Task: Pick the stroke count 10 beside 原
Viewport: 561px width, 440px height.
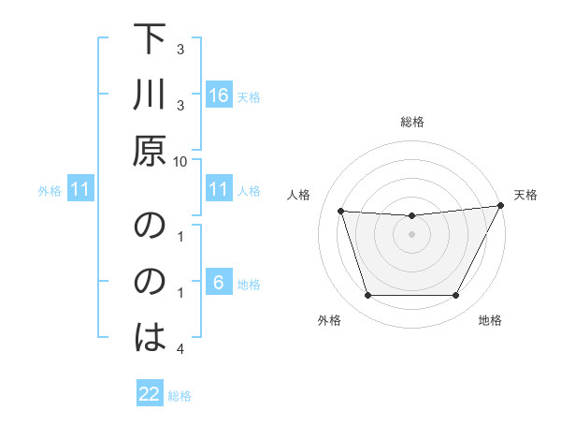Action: click(x=181, y=161)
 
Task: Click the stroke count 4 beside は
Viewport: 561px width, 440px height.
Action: click(x=181, y=349)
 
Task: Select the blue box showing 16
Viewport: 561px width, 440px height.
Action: click(x=219, y=95)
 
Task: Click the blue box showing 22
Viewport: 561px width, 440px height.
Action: click(x=150, y=394)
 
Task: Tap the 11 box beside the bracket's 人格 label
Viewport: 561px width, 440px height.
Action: click(x=219, y=189)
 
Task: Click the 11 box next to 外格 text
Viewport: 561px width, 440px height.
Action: click(x=80, y=190)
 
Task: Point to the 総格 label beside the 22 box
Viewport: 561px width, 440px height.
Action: click(x=180, y=396)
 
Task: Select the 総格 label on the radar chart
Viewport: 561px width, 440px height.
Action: click(x=411, y=122)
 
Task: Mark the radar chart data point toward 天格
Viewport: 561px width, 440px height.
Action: click(x=501, y=206)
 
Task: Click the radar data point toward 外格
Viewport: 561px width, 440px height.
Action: click(x=367, y=296)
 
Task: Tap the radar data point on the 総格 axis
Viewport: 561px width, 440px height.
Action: click(x=411, y=216)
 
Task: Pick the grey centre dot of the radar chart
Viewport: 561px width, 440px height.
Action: click(x=411, y=235)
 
